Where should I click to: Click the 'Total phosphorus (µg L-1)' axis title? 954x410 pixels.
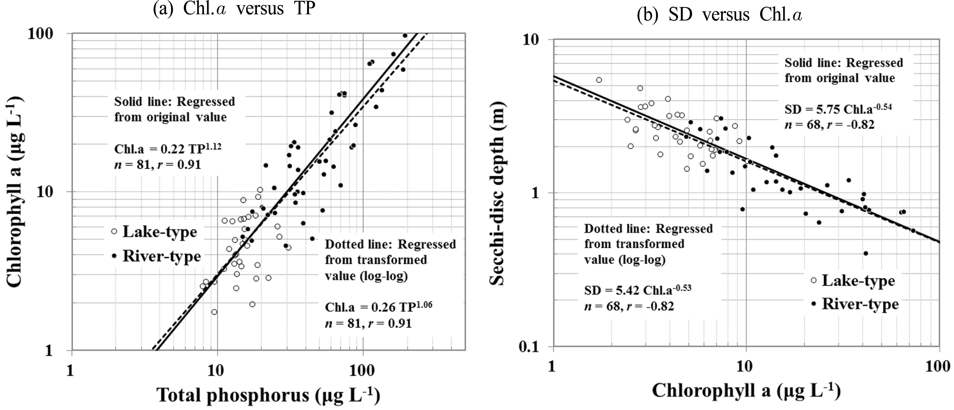(268, 395)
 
